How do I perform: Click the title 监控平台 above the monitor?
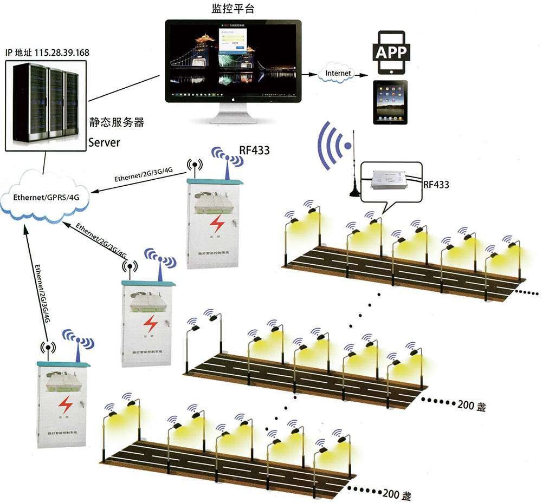point(233,9)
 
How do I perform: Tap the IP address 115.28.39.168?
point(62,53)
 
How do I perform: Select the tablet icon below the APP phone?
point(390,102)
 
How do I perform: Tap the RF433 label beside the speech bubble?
point(436,185)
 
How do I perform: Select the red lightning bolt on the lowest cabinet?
point(67,403)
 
